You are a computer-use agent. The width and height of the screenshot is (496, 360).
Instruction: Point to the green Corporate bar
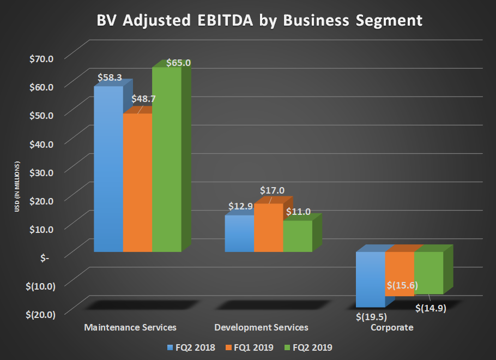tap(428, 273)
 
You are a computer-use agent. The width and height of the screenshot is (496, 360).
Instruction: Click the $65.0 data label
tap(178, 63)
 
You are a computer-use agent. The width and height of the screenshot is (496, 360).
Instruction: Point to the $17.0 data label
tap(271, 190)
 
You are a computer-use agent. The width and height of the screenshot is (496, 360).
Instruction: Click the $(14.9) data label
tap(431, 308)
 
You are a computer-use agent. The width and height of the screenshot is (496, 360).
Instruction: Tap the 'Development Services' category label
tap(261, 327)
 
